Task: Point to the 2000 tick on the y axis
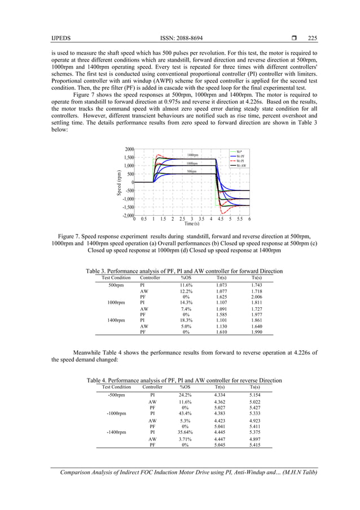pos(129,149)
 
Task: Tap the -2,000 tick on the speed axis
pos(127,215)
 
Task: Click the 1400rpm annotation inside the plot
pos(192,155)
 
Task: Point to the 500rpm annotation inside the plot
pos(192,171)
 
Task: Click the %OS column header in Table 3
pos(186,278)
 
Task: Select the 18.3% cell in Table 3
pos(186,320)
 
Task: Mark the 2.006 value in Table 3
pos(256,296)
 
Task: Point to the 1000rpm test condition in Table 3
pos(116,302)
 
